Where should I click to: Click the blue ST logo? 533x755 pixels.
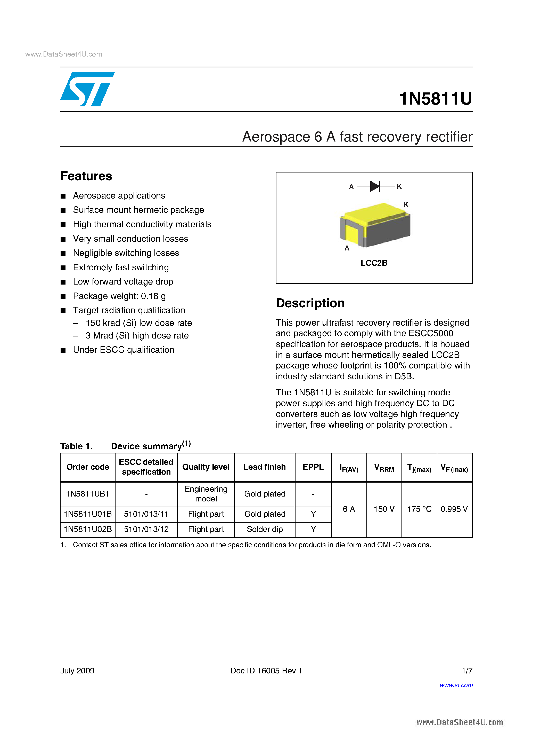[87, 89]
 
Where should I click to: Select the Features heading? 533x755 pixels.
[86, 176]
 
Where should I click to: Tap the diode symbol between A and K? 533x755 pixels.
[375, 186]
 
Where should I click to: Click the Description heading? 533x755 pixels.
[310, 303]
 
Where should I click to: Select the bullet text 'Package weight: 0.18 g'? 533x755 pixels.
[119, 296]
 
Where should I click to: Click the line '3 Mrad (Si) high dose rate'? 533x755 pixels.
[137, 335]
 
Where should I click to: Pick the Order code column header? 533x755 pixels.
[88, 467]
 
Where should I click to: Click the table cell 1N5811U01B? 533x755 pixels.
[88, 514]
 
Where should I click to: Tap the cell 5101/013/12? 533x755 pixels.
[146, 529]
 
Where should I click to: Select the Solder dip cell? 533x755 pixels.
[265, 529]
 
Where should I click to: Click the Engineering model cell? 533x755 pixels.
[206, 494]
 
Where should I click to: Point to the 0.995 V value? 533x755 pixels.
[454, 509]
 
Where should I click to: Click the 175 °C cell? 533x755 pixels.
[419, 509]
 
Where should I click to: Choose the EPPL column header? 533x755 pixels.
[313, 467]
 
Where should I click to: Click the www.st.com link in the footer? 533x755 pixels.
[456, 685]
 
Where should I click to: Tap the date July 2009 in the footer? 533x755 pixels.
[77, 671]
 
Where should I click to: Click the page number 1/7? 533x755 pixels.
[467, 671]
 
